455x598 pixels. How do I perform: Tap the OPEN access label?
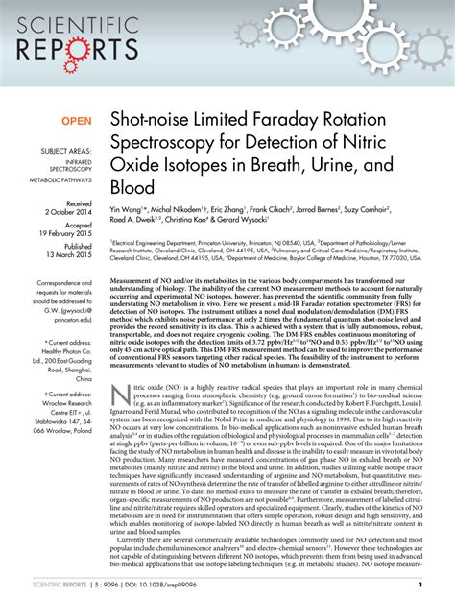click(76, 122)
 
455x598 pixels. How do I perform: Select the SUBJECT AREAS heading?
click(64, 153)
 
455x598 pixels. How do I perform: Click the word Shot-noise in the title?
click(147, 122)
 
